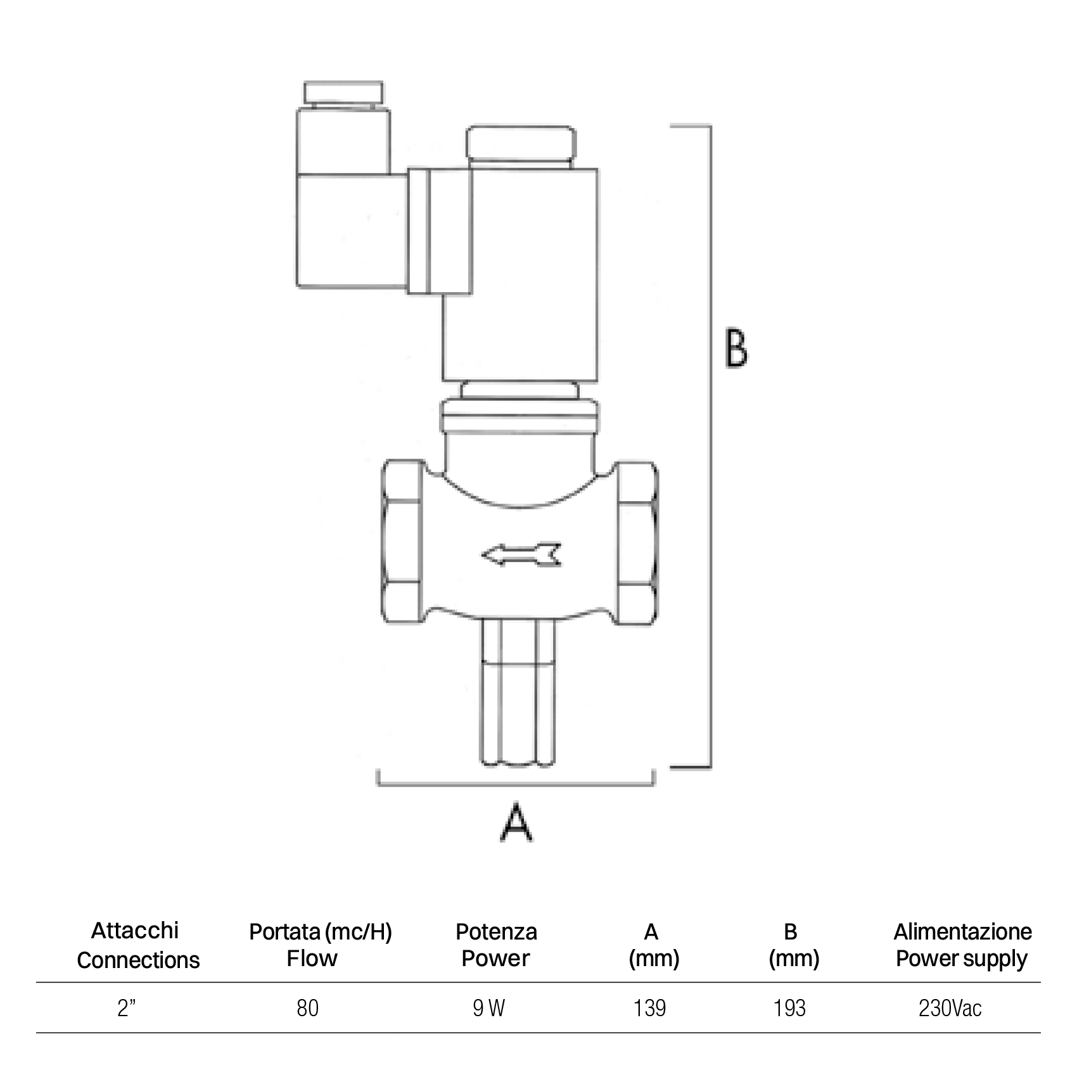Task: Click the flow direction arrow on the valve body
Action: [x=521, y=554]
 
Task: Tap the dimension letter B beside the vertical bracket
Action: [x=736, y=348]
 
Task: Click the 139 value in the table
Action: [x=650, y=1008]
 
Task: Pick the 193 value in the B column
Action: [x=789, y=1008]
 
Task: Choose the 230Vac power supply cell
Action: [x=950, y=1008]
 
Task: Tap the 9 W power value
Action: [x=488, y=1008]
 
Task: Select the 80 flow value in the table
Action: [x=307, y=1008]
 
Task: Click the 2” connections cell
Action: [x=127, y=1008]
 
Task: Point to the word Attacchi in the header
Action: [x=135, y=931]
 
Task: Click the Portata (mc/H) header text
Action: [x=321, y=932]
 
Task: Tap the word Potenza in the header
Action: [x=496, y=932]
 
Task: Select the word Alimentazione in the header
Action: [x=962, y=932]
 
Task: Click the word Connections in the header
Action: [x=138, y=960]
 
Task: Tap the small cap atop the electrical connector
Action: [x=343, y=93]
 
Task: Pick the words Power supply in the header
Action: [x=961, y=959]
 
